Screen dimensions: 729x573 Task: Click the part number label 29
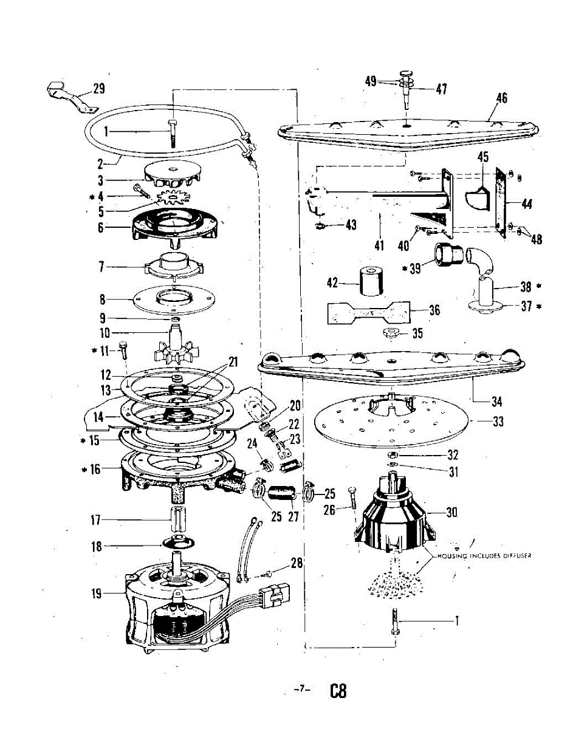(98, 89)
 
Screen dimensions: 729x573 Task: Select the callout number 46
(501, 98)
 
